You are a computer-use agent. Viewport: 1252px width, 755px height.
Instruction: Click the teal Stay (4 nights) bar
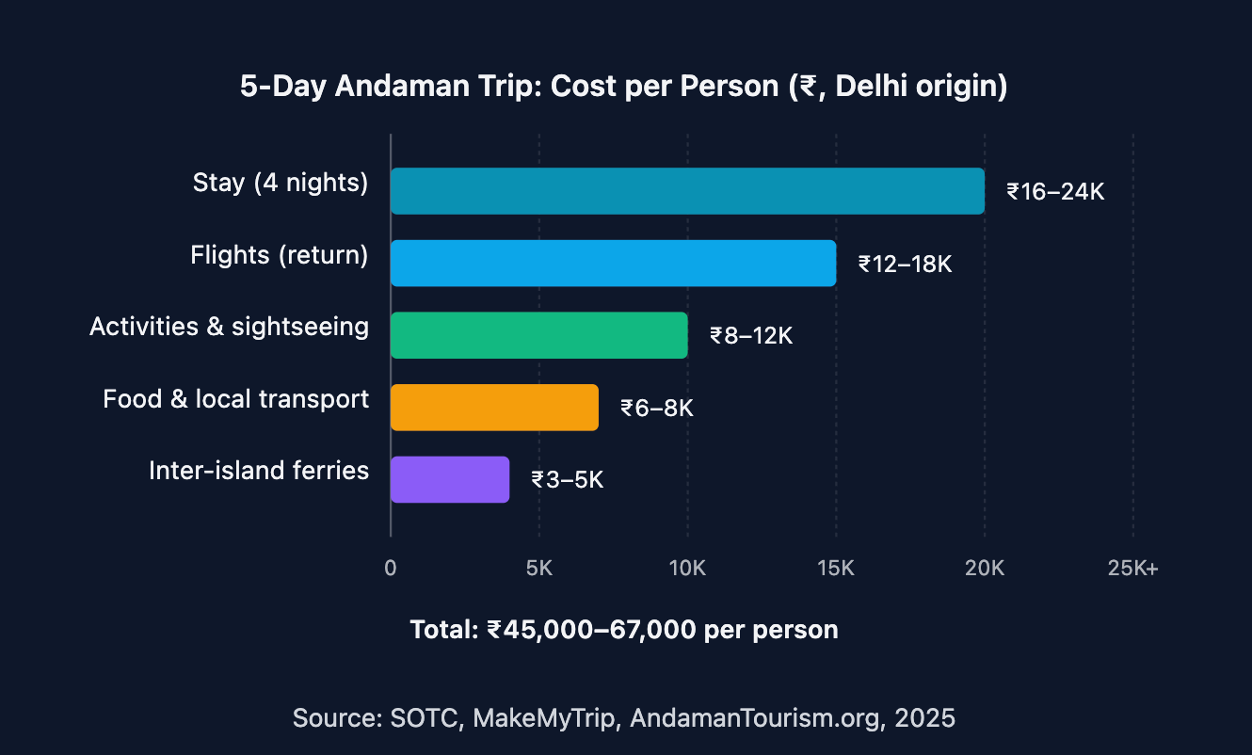click(x=687, y=191)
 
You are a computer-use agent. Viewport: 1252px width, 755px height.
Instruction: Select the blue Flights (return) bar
click(x=613, y=263)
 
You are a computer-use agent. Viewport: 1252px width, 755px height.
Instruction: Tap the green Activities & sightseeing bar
click(x=538, y=335)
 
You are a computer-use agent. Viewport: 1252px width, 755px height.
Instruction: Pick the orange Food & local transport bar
click(x=494, y=407)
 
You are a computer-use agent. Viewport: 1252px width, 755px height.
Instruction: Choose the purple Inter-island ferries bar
click(x=450, y=479)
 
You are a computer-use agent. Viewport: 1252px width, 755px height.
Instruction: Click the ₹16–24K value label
click(x=1054, y=192)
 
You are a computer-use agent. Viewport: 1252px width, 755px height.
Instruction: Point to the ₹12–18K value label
click(x=906, y=265)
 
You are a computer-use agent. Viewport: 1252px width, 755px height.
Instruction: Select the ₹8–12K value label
click(x=751, y=336)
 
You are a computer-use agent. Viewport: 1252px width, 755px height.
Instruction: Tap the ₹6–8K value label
click(x=656, y=409)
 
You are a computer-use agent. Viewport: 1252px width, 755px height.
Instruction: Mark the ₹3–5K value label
click(x=567, y=480)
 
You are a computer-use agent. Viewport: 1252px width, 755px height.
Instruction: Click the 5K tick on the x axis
click(x=538, y=569)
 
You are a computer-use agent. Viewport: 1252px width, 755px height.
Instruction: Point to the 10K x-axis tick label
click(x=687, y=569)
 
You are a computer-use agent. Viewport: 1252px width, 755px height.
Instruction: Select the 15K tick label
click(x=836, y=569)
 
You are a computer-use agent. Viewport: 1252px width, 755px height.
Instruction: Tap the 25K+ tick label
click(x=1133, y=569)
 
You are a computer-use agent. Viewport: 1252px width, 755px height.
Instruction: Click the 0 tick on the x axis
click(x=391, y=569)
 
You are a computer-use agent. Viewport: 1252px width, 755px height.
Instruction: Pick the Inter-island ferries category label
click(x=259, y=471)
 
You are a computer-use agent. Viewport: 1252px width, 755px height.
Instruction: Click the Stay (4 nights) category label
click(x=281, y=183)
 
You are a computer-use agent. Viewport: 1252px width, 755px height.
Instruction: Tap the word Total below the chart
click(x=443, y=629)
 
